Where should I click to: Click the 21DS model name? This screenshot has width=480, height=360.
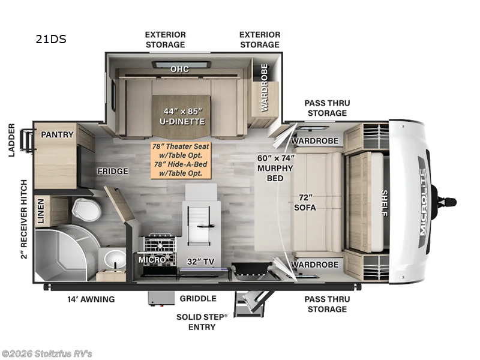51,39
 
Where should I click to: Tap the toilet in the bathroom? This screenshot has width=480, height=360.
86,209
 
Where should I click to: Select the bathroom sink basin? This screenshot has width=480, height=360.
115,259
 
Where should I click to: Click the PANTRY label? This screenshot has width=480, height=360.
57,134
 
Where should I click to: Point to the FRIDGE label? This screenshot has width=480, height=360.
113,171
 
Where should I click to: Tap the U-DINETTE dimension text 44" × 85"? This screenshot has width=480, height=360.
183,112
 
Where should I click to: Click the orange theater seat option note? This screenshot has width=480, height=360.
181,160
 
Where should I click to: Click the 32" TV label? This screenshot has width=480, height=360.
200,262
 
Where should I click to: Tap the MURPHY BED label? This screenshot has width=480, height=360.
275,173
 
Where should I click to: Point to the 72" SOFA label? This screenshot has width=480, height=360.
305,202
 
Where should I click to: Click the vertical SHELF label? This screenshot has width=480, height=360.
385,203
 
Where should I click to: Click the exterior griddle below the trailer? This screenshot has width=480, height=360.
161,298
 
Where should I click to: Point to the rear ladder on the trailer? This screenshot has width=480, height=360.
26,140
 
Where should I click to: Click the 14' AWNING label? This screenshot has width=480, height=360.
91,299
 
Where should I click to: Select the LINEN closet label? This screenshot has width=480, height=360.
41,211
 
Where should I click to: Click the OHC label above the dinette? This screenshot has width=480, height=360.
179,69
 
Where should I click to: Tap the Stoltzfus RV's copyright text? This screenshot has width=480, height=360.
46,354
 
